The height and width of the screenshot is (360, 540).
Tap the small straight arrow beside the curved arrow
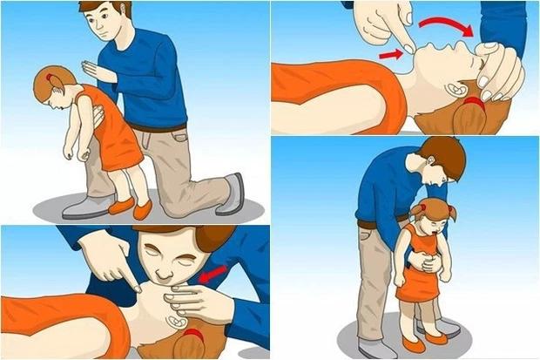tap(392, 56)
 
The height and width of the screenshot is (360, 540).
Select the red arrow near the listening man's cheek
tap(211, 276)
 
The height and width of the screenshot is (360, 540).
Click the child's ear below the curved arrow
tap(456, 89)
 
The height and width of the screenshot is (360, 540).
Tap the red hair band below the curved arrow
tap(476, 103)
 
